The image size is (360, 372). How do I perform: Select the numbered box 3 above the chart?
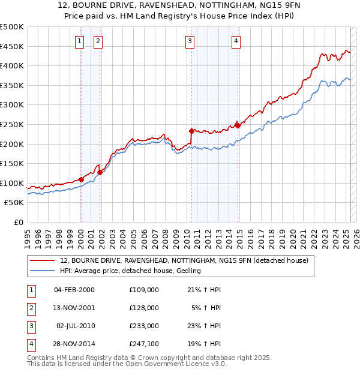click(190, 41)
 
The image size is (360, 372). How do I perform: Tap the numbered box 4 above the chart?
click(236, 41)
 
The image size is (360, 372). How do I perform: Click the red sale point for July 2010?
click(191, 131)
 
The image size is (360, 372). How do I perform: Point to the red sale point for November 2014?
click(238, 125)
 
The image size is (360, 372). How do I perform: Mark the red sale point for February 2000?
click(81, 179)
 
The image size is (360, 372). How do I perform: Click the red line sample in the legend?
click(43, 260)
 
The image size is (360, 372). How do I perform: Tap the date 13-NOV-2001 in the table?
click(74, 307)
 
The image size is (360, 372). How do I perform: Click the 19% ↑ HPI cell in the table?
click(204, 344)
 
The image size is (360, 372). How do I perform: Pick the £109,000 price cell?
click(143, 289)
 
